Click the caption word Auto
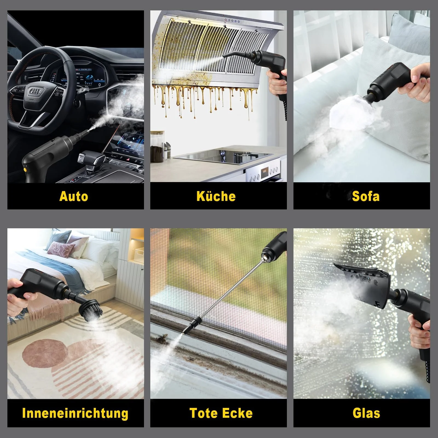74,196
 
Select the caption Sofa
366,196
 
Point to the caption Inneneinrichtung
75,413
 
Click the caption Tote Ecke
221,413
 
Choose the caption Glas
366,413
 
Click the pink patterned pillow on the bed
60,249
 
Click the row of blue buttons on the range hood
232,21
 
